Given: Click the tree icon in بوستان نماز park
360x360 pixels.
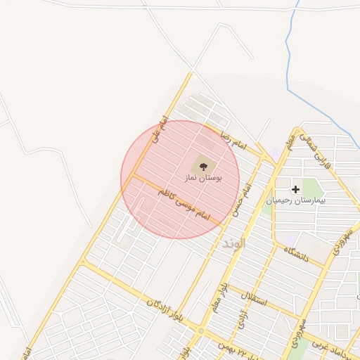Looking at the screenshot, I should tap(204, 166).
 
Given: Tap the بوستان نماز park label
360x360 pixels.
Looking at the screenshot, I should tap(203, 179).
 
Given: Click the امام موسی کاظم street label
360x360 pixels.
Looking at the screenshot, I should tap(184, 202).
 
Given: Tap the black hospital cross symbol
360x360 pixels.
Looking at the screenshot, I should tap(296, 188).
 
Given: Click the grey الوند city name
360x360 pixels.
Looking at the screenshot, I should tap(233, 243).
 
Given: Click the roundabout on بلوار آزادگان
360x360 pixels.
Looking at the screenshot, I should tap(201, 330).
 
